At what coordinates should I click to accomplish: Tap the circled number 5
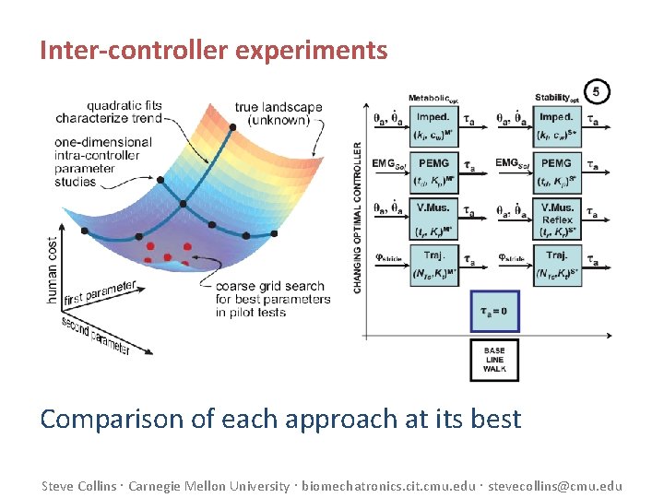(x=597, y=91)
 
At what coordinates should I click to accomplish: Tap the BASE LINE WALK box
(x=494, y=360)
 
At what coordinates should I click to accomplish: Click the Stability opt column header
(x=557, y=98)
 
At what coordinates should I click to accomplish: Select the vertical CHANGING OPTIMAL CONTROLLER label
(x=358, y=217)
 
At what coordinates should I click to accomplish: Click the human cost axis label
(x=53, y=270)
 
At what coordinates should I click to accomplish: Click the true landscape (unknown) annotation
(x=279, y=113)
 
